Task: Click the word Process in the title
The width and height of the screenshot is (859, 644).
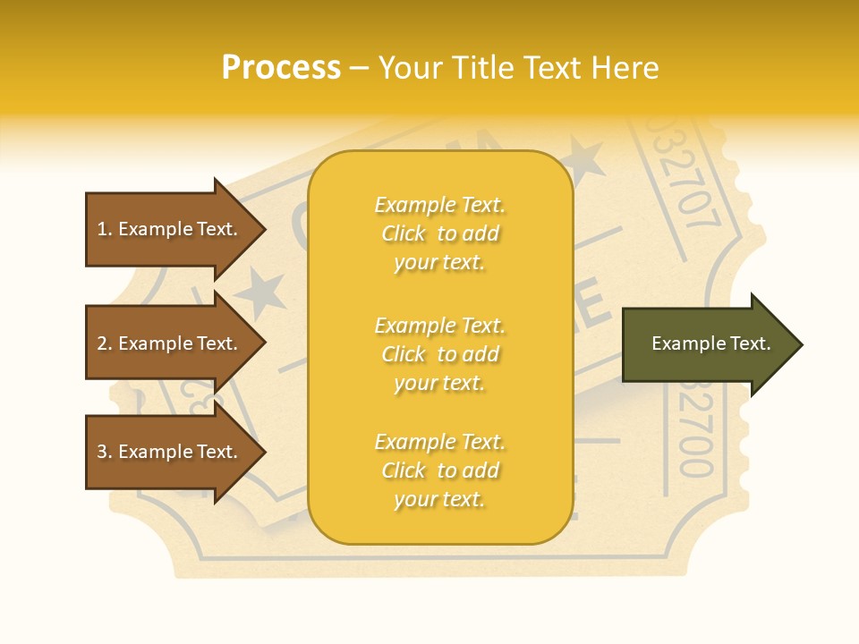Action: pos(281,68)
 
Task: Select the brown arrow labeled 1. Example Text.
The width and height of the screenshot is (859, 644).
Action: pos(170,229)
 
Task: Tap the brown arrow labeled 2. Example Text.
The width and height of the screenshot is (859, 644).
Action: pos(170,343)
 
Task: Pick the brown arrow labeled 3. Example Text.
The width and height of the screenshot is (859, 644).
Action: pos(170,452)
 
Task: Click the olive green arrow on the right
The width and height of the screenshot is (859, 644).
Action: pos(707,344)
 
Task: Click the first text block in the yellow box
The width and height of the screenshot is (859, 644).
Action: pos(439,233)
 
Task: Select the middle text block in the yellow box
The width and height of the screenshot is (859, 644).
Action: pos(439,354)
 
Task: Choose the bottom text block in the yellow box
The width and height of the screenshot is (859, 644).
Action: pos(439,470)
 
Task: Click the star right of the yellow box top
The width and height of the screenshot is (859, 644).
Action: pos(585,159)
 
